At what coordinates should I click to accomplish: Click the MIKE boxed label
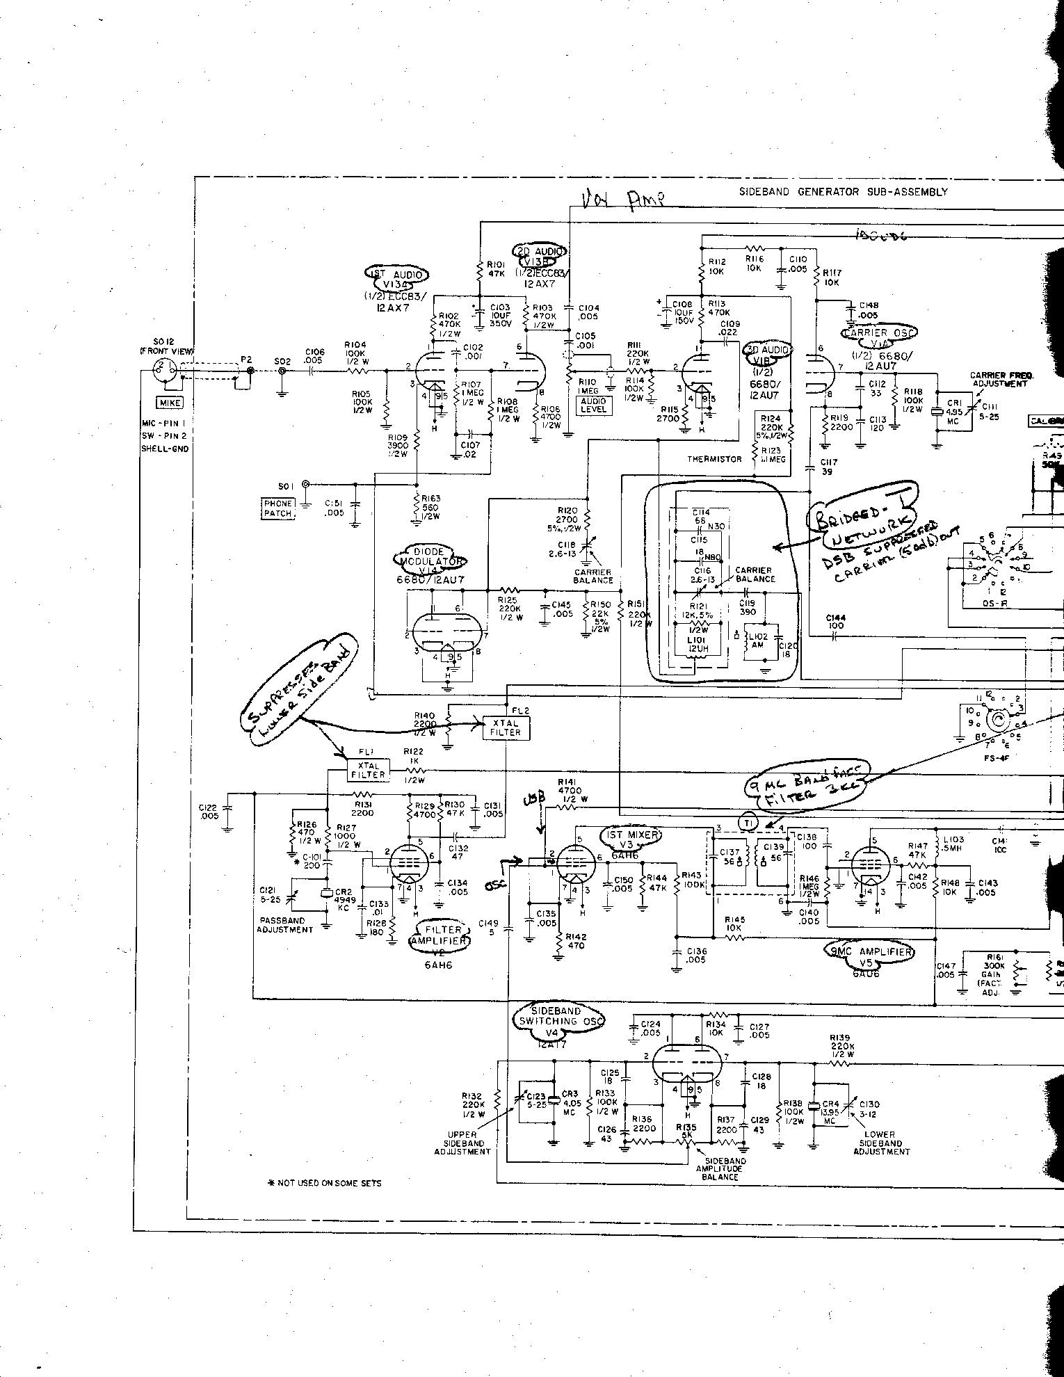[x=170, y=403]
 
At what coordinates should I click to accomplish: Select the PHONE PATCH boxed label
[x=278, y=508]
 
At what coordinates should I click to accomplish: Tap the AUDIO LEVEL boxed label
[x=594, y=405]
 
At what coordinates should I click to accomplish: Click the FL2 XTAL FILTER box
[x=505, y=727]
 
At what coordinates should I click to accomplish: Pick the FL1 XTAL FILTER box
[x=368, y=769]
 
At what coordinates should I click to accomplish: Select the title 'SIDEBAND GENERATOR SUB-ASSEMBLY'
[x=843, y=192]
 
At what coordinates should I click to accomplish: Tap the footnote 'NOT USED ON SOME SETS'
[x=324, y=1182]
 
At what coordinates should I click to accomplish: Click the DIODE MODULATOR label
[x=430, y=556]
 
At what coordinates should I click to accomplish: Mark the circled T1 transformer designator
[x=748, y=821]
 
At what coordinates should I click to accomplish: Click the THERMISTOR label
[x=714, y=459]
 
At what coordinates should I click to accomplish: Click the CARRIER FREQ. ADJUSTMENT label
[x=999, y=380]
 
